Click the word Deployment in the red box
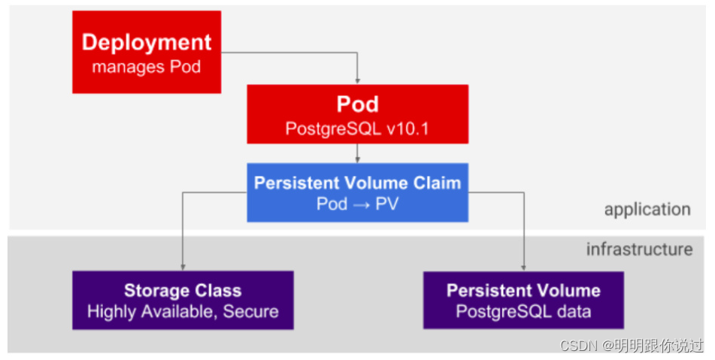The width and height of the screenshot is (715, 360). (x=147, y=43)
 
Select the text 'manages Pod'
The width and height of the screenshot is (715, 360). (x=147, y=67)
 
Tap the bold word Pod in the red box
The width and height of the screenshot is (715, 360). (x=357, y=104)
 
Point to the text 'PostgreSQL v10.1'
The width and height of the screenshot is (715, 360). (x=357, y=129)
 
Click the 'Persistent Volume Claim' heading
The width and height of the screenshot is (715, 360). (x=357, y=183)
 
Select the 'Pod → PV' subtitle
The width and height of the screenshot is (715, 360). (x=357, y=204)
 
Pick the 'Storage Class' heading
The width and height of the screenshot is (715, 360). (x=183, y=290)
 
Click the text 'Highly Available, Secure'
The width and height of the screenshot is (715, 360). (x=183, y=311)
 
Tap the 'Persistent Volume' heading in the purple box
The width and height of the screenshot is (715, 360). (x=523, y=290)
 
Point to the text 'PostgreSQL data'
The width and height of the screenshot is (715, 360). (x=523, y=311)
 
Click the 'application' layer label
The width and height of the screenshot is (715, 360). (x=647, y=210)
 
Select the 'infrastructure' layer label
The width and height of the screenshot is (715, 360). (x=639, y=249)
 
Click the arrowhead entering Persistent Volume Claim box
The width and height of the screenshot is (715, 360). (x=358, y=159)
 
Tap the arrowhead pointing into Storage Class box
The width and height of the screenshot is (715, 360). (x=183, y=266)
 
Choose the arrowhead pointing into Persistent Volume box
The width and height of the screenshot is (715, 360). (x=523, y=266)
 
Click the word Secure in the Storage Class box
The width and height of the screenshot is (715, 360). (x=251, y=311)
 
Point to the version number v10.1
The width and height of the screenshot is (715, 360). (x=407, y=129)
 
